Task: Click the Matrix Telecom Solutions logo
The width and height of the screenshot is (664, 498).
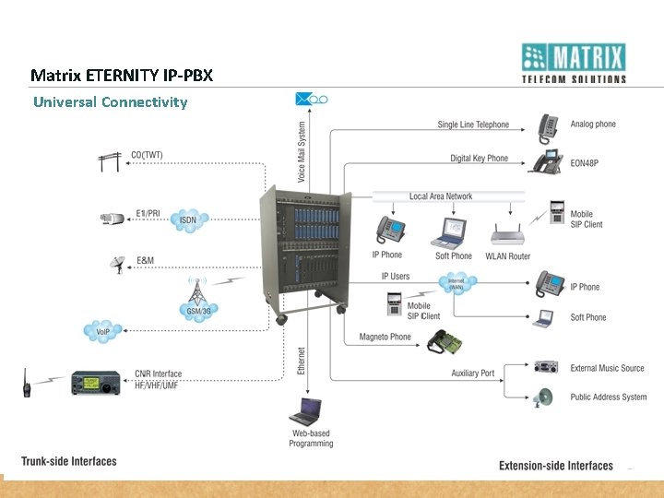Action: tap(573, 63)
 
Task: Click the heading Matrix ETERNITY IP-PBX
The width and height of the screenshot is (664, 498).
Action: tap(122, 75)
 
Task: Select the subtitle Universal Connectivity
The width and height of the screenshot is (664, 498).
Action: tap(110, 101)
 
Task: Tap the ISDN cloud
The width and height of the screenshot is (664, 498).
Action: tap(187, 219)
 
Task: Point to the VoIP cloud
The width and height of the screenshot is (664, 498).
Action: tap(102, 331)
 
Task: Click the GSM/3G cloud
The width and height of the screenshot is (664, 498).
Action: tap(196, 309)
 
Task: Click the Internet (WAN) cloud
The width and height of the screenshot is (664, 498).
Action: tap(456, 285)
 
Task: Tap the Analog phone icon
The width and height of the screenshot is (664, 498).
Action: tap(552, 125)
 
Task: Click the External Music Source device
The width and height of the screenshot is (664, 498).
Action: tap(546, 367)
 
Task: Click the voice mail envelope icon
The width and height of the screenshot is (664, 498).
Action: tap(304, 99)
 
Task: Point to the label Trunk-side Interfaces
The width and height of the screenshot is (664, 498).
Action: tap(69, 461)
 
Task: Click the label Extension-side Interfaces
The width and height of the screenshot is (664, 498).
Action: tap(556, 466)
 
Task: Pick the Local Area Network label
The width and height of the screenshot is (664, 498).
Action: tap(441, 196)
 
